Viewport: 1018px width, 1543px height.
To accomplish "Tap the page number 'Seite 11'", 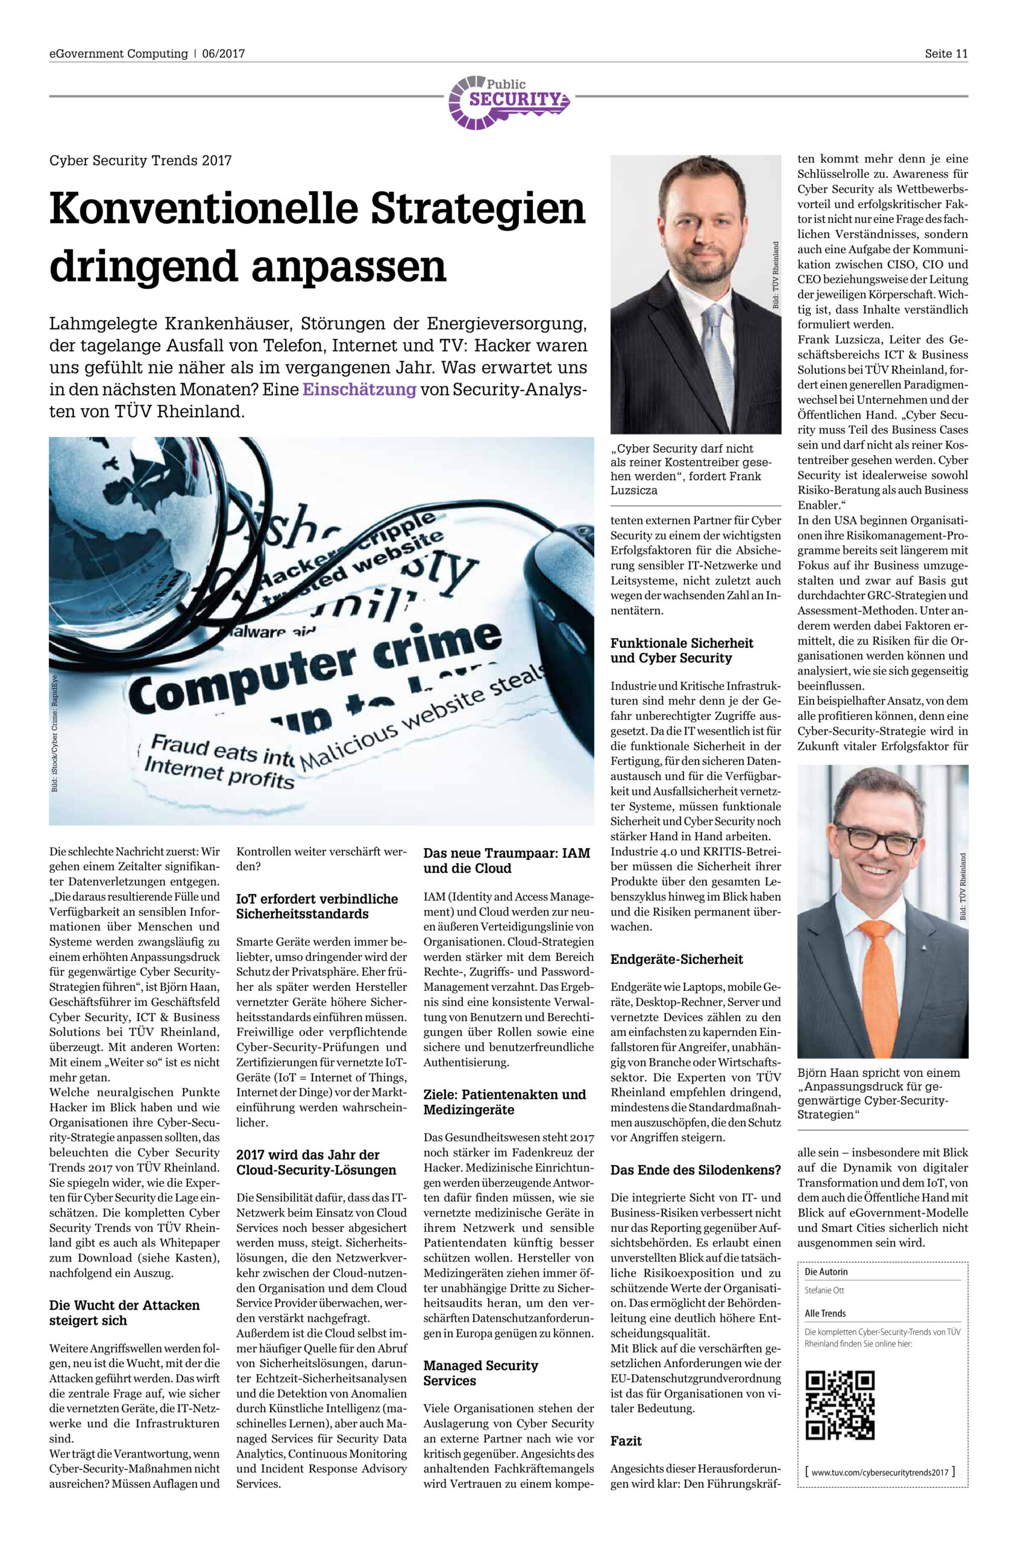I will point(946,54).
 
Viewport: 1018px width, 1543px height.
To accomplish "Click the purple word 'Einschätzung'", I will point(359,389).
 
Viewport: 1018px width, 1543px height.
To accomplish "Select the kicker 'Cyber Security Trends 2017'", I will point(140,160).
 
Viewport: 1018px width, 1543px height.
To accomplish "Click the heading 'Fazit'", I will point(626,1441).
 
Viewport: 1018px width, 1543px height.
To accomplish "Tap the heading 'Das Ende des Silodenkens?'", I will point(695,1170).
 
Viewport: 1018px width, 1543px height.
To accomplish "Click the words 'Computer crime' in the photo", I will point(318,669).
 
